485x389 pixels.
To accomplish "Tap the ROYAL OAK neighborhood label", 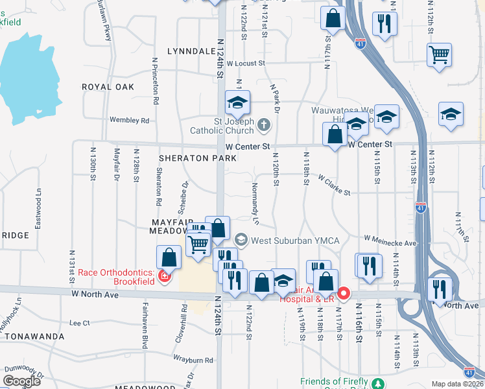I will point(108,87).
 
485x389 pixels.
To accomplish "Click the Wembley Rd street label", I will point(130,121).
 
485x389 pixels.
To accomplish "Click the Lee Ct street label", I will point(79,322).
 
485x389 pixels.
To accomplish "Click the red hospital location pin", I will point(343,293).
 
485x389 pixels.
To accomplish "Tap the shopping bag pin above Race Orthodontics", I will point(169,257).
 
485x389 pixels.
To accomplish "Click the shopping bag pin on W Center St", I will point(335,136).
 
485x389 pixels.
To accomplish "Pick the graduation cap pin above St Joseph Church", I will point(237,102).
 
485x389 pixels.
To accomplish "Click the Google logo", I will point(21,381).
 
